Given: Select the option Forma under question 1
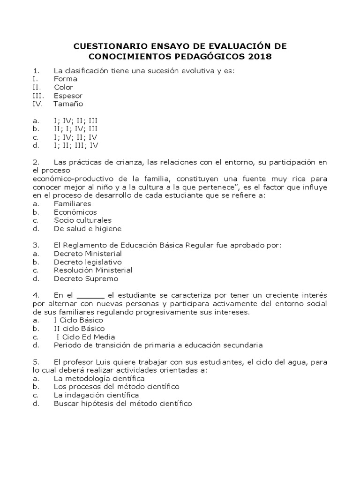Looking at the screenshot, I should click(65, 79).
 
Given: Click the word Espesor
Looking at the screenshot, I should click(68, 96).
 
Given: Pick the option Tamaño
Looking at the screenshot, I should click(68, 104).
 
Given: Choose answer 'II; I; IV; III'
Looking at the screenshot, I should click(75, 128).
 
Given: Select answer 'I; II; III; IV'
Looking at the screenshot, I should click(76, 145).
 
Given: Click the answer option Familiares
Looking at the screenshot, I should click(72, 204).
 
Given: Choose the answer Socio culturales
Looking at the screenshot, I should click(82, 220).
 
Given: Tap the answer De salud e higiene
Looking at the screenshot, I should click(87, 229).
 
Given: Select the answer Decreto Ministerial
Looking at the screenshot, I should click(88, 254).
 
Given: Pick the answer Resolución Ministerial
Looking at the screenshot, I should click(93, 270).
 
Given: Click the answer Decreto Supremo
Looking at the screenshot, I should click(86, 278).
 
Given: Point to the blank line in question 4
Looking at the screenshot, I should click(90, 296).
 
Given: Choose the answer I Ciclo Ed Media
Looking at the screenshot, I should click(85, 337).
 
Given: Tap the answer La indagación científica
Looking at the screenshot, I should click(96, 395).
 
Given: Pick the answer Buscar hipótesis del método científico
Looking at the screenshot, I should click(123, 404).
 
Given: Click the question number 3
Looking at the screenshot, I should click(35, 245).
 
